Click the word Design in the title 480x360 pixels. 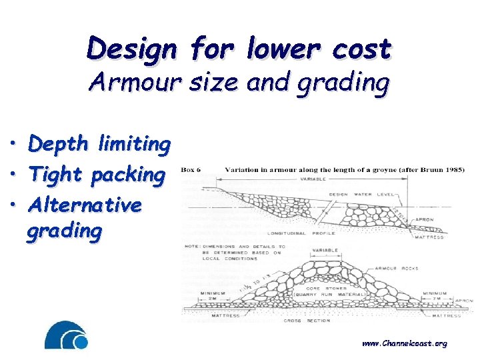click(x=131, y=49)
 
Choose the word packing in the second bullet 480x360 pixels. click(x=131, y=175)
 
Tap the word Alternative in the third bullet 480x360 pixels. click(x=85, y=204)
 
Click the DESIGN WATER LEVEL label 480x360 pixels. click(x=366, y=195)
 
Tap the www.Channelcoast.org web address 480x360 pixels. click(x=404, y=343)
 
